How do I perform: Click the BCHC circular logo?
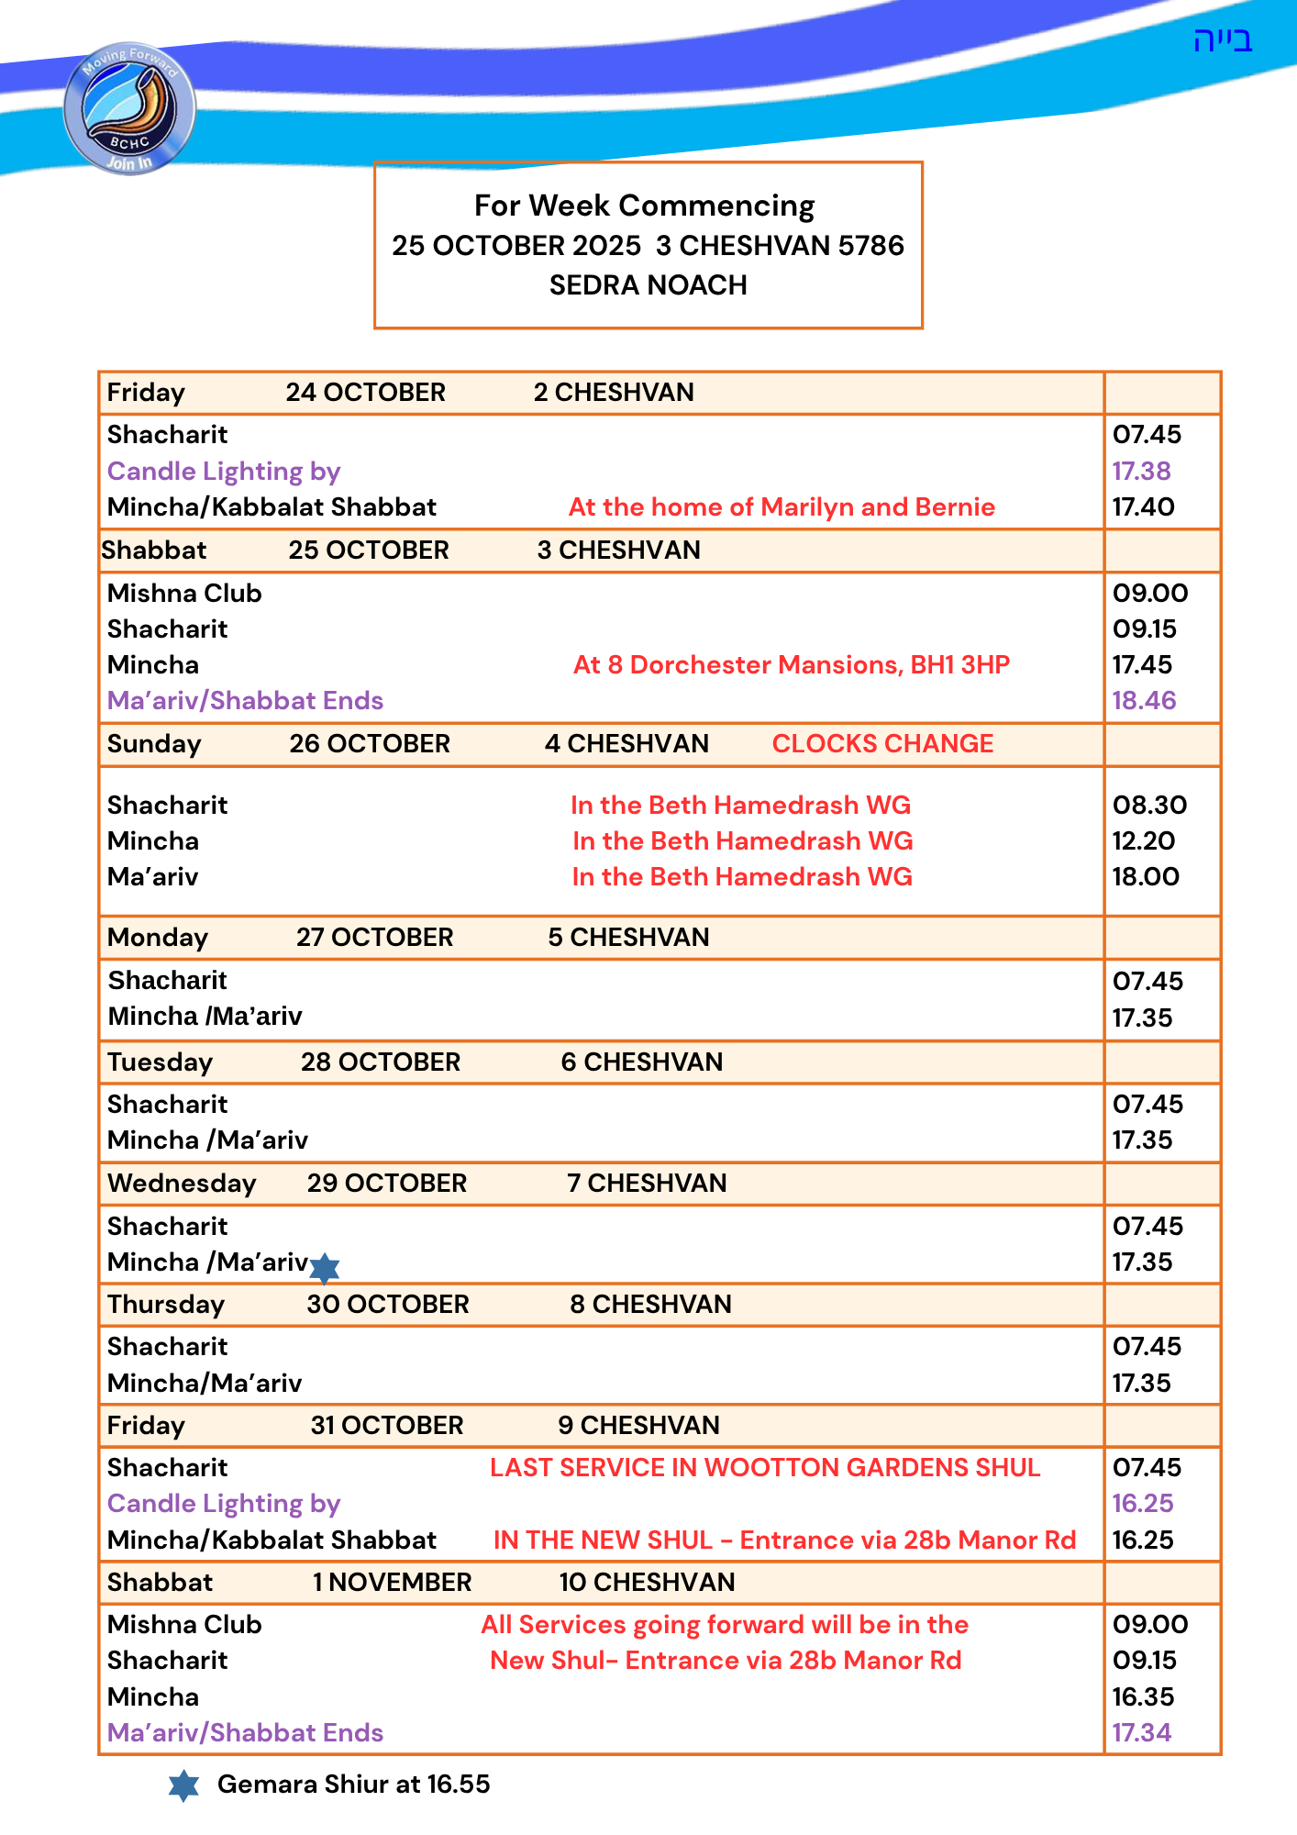coord(129,108)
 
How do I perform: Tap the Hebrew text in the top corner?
coord(1223,40)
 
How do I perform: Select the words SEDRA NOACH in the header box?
coord(648,285)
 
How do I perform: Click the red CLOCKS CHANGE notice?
coord(882,743)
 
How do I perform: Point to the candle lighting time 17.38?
coord(1141,471)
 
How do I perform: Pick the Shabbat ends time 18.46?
coord(1144,700)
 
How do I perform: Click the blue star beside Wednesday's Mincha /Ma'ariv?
coord(325,1268)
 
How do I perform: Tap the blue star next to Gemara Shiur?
coord(183,1785)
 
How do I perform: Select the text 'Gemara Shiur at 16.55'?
coord(353,1784)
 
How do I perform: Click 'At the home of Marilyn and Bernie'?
coord(782,506)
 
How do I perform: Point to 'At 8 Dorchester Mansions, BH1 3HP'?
coord(791,664)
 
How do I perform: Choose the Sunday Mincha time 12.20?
coord(1143,840)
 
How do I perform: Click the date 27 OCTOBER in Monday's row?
coord(374,937)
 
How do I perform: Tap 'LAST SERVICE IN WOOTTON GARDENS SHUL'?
coord(764,1467)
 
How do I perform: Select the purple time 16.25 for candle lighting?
coord(1143,1503)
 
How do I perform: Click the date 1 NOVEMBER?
coord(392,1582)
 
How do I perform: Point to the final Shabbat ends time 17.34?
coord(1142,1732)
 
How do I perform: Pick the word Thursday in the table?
coord(166,1304)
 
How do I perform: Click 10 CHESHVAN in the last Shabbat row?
coord(647,1582)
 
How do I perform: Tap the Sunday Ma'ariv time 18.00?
coord(1146,876)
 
